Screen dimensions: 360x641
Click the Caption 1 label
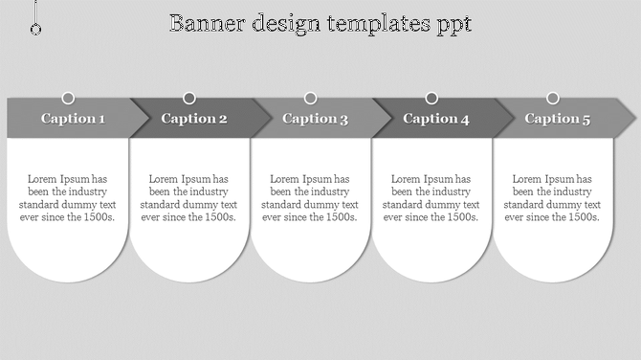tap(73, 119)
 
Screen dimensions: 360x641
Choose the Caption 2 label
tap(194, 119)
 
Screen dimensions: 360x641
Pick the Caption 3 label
tap(316, 119)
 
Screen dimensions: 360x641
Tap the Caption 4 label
tap(436, 119)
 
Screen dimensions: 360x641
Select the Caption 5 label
tap(558, 119)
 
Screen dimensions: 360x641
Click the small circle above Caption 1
tap(68, 98)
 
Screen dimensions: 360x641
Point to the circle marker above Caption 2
tap(189, 98)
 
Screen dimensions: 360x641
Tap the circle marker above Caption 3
tap(311, 98)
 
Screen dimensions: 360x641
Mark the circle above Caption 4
tap(431, 98)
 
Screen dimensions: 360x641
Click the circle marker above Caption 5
tap(553, 98)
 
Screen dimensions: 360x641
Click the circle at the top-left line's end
tap(35, 30)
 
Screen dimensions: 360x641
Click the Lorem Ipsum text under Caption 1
tap(68, 198)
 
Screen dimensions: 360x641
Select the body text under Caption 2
tap(189, 198)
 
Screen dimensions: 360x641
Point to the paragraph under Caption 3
tap(310, 198)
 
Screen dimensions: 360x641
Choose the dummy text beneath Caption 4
tap(431, 198)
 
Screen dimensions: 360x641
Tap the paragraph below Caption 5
tap(553, 198)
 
